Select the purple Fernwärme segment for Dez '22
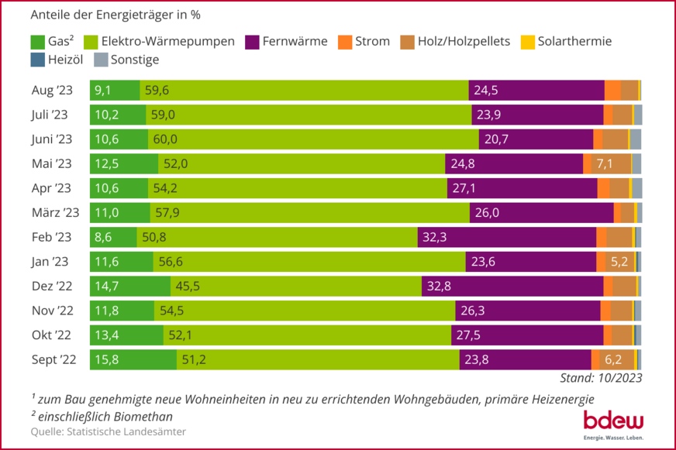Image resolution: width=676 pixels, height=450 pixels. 512,287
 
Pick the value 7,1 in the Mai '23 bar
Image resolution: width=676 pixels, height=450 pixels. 605,163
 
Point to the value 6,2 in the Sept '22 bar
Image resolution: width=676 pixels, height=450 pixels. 613,359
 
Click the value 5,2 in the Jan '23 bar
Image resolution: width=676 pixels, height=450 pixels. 619,262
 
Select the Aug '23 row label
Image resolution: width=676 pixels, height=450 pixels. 51,91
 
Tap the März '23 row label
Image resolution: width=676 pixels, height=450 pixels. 55,213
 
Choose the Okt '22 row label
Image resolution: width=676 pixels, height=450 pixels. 51,335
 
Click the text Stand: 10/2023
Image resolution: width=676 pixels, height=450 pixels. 600,378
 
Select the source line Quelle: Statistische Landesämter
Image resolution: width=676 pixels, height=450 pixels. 109,431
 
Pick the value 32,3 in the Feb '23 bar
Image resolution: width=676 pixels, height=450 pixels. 434,237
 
